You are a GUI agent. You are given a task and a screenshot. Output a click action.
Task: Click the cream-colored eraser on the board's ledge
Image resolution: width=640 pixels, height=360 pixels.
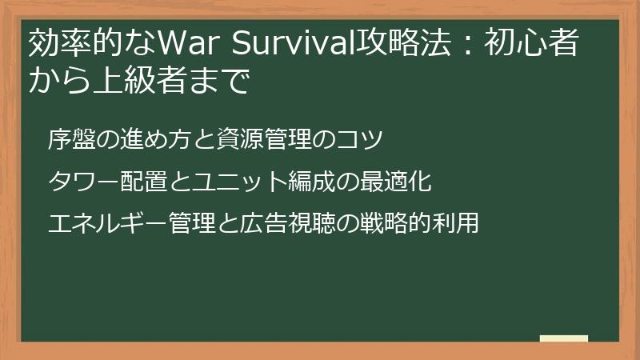pos(563,338)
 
